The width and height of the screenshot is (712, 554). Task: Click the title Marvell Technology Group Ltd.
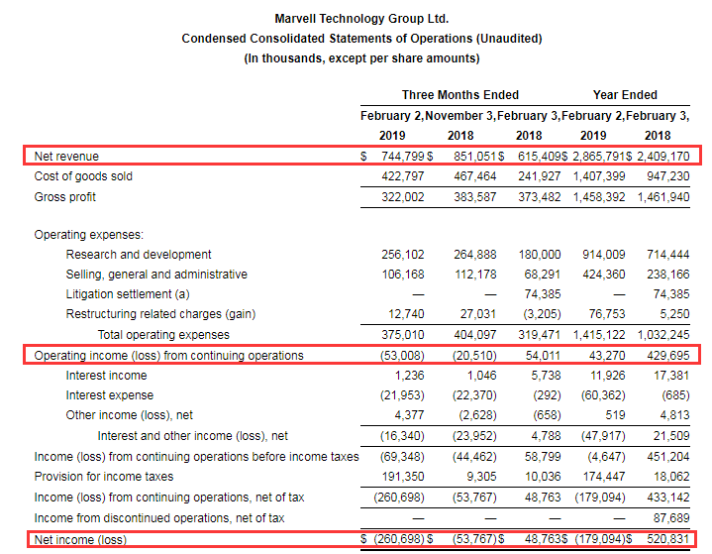[361, 19]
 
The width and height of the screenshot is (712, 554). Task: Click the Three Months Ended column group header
[460, 94]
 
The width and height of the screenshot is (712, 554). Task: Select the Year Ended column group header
[625, 94]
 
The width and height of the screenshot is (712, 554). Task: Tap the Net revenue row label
[66, 157]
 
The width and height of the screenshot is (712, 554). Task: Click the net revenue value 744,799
[402, 157]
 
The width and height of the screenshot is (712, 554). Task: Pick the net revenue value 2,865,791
[598, 157]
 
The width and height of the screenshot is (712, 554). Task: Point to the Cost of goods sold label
[83, 176]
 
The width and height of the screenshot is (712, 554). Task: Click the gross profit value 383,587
[475, 197]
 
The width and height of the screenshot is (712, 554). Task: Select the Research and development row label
[139, 255]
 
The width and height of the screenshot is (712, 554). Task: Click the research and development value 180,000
[540, 255]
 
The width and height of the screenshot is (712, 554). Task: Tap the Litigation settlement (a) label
[128, 294]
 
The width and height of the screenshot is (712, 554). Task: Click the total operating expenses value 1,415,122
[598, 335]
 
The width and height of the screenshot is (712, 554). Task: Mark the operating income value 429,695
[668, 356]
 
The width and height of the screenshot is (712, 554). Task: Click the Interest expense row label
[110, 395]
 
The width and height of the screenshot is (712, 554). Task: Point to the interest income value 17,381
[671, 376]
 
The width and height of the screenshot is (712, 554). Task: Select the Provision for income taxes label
[104, 477]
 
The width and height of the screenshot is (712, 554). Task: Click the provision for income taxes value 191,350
[402, 477]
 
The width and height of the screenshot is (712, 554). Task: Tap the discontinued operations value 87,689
[671, 518]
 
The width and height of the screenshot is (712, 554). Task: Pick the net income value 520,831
[668, 539]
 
